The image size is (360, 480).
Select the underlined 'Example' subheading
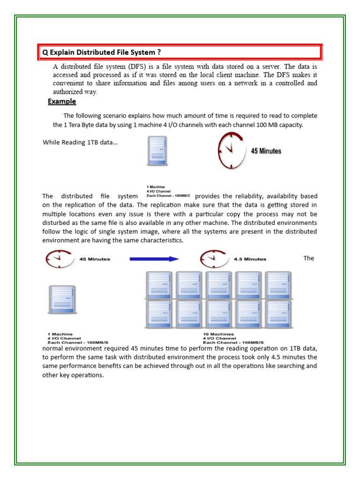coord(61,102)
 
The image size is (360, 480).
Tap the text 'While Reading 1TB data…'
coord(80,142)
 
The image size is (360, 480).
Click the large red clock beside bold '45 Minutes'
coord(231,150)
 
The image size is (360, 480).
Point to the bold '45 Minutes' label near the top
coord(266,151)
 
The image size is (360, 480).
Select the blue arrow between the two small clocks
coord(154,259)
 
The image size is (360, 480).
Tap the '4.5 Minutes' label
coord(250,259)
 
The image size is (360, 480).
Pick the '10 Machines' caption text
coord(218,335)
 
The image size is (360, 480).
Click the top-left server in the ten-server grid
coord(159,284)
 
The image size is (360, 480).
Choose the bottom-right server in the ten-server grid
coord(278,314)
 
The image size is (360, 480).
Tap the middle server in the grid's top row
coord(219,284)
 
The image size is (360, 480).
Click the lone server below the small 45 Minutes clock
coord(61,300)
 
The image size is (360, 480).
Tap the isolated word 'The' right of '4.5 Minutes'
coord(308,258)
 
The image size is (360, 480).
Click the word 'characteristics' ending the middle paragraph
coord(161,240)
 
